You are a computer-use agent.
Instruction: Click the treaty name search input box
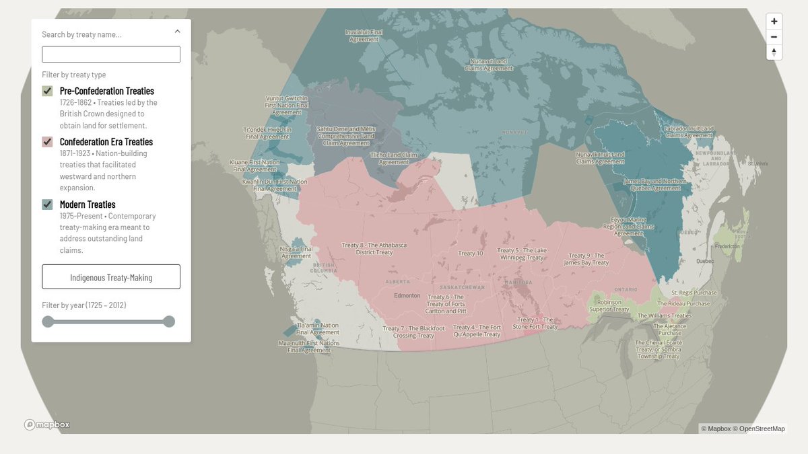pyautogui.click(x=111, y=54)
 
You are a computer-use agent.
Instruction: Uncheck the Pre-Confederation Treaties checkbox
pyautogui.click(x=47, y=91)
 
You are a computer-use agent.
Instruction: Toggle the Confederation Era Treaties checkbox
pyautogui.click(x=47, y=142)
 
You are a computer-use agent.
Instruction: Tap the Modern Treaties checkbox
pyautogui.click(x=47, y=204)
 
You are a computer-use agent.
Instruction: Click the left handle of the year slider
pyautogui.click(x=48, y=321)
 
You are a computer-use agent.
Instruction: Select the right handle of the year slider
pyautogui.click(x=169, y=321)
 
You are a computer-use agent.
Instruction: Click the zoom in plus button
pyautogui.click(x=774, y=22)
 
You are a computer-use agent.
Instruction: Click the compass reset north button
pyautogui.click(x=774, y=52)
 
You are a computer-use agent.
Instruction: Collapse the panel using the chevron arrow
pyautogui.click(x=177, y=31)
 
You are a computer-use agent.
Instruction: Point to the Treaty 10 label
pyautogui.click(x=471, y=254)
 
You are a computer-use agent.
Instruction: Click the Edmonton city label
pyautogui.click(x=407, y=295)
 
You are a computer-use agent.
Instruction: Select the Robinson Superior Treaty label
pyautogui.click(x=609, y=306)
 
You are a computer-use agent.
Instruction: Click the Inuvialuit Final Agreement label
pyautogui.click(x=364, y=36)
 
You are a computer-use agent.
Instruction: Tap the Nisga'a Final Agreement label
pyautogui.click(x=296, y=252)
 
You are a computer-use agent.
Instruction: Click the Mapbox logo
pyautogui.click(x=47, y=424)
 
